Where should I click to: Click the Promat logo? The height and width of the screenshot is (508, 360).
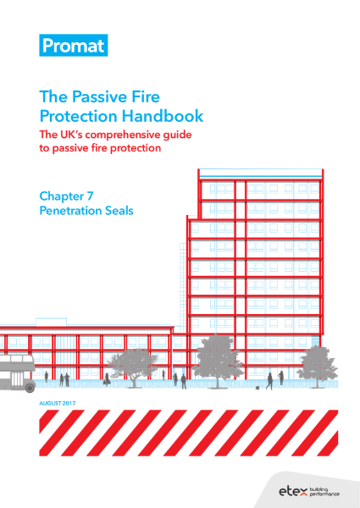point(72,46)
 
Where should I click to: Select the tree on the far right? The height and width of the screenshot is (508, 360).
point(317,362)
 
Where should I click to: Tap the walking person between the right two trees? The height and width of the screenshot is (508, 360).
point(269,380)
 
